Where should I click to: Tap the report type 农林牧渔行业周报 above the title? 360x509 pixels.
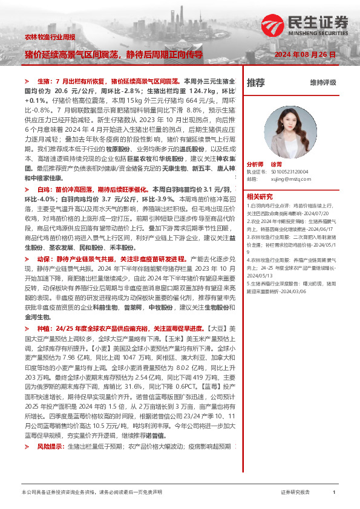pos(50,37)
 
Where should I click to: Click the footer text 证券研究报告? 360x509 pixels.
pos(296,493)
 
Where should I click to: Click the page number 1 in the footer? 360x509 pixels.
pos(334,493)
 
